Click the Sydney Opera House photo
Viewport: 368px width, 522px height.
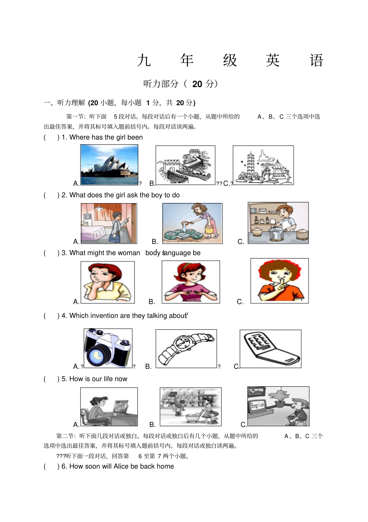(109, 165)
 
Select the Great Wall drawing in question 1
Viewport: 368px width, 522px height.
(185, 165)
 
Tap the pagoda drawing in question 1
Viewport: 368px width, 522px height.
(263, 165)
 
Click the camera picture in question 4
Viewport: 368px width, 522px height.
(108, 348)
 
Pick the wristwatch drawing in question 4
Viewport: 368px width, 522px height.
(186, 348)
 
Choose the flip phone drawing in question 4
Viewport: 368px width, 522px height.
(270, 349)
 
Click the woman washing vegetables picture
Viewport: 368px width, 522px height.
(193, 223)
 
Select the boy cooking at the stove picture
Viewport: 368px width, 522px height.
(278, 223)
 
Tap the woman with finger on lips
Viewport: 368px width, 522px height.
(279, 281)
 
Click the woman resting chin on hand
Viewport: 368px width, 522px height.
(107, 282)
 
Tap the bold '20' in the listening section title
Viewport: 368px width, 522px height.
(197, 84)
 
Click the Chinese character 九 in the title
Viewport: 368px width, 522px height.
(144, 60)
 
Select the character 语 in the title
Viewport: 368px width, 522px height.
(316, 60)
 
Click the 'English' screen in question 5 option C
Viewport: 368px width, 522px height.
(257, 406)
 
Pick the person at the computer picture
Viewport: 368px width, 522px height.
(109, 407)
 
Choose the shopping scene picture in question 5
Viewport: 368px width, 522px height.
(191, 406)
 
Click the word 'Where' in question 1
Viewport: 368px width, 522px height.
(79, 137)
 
